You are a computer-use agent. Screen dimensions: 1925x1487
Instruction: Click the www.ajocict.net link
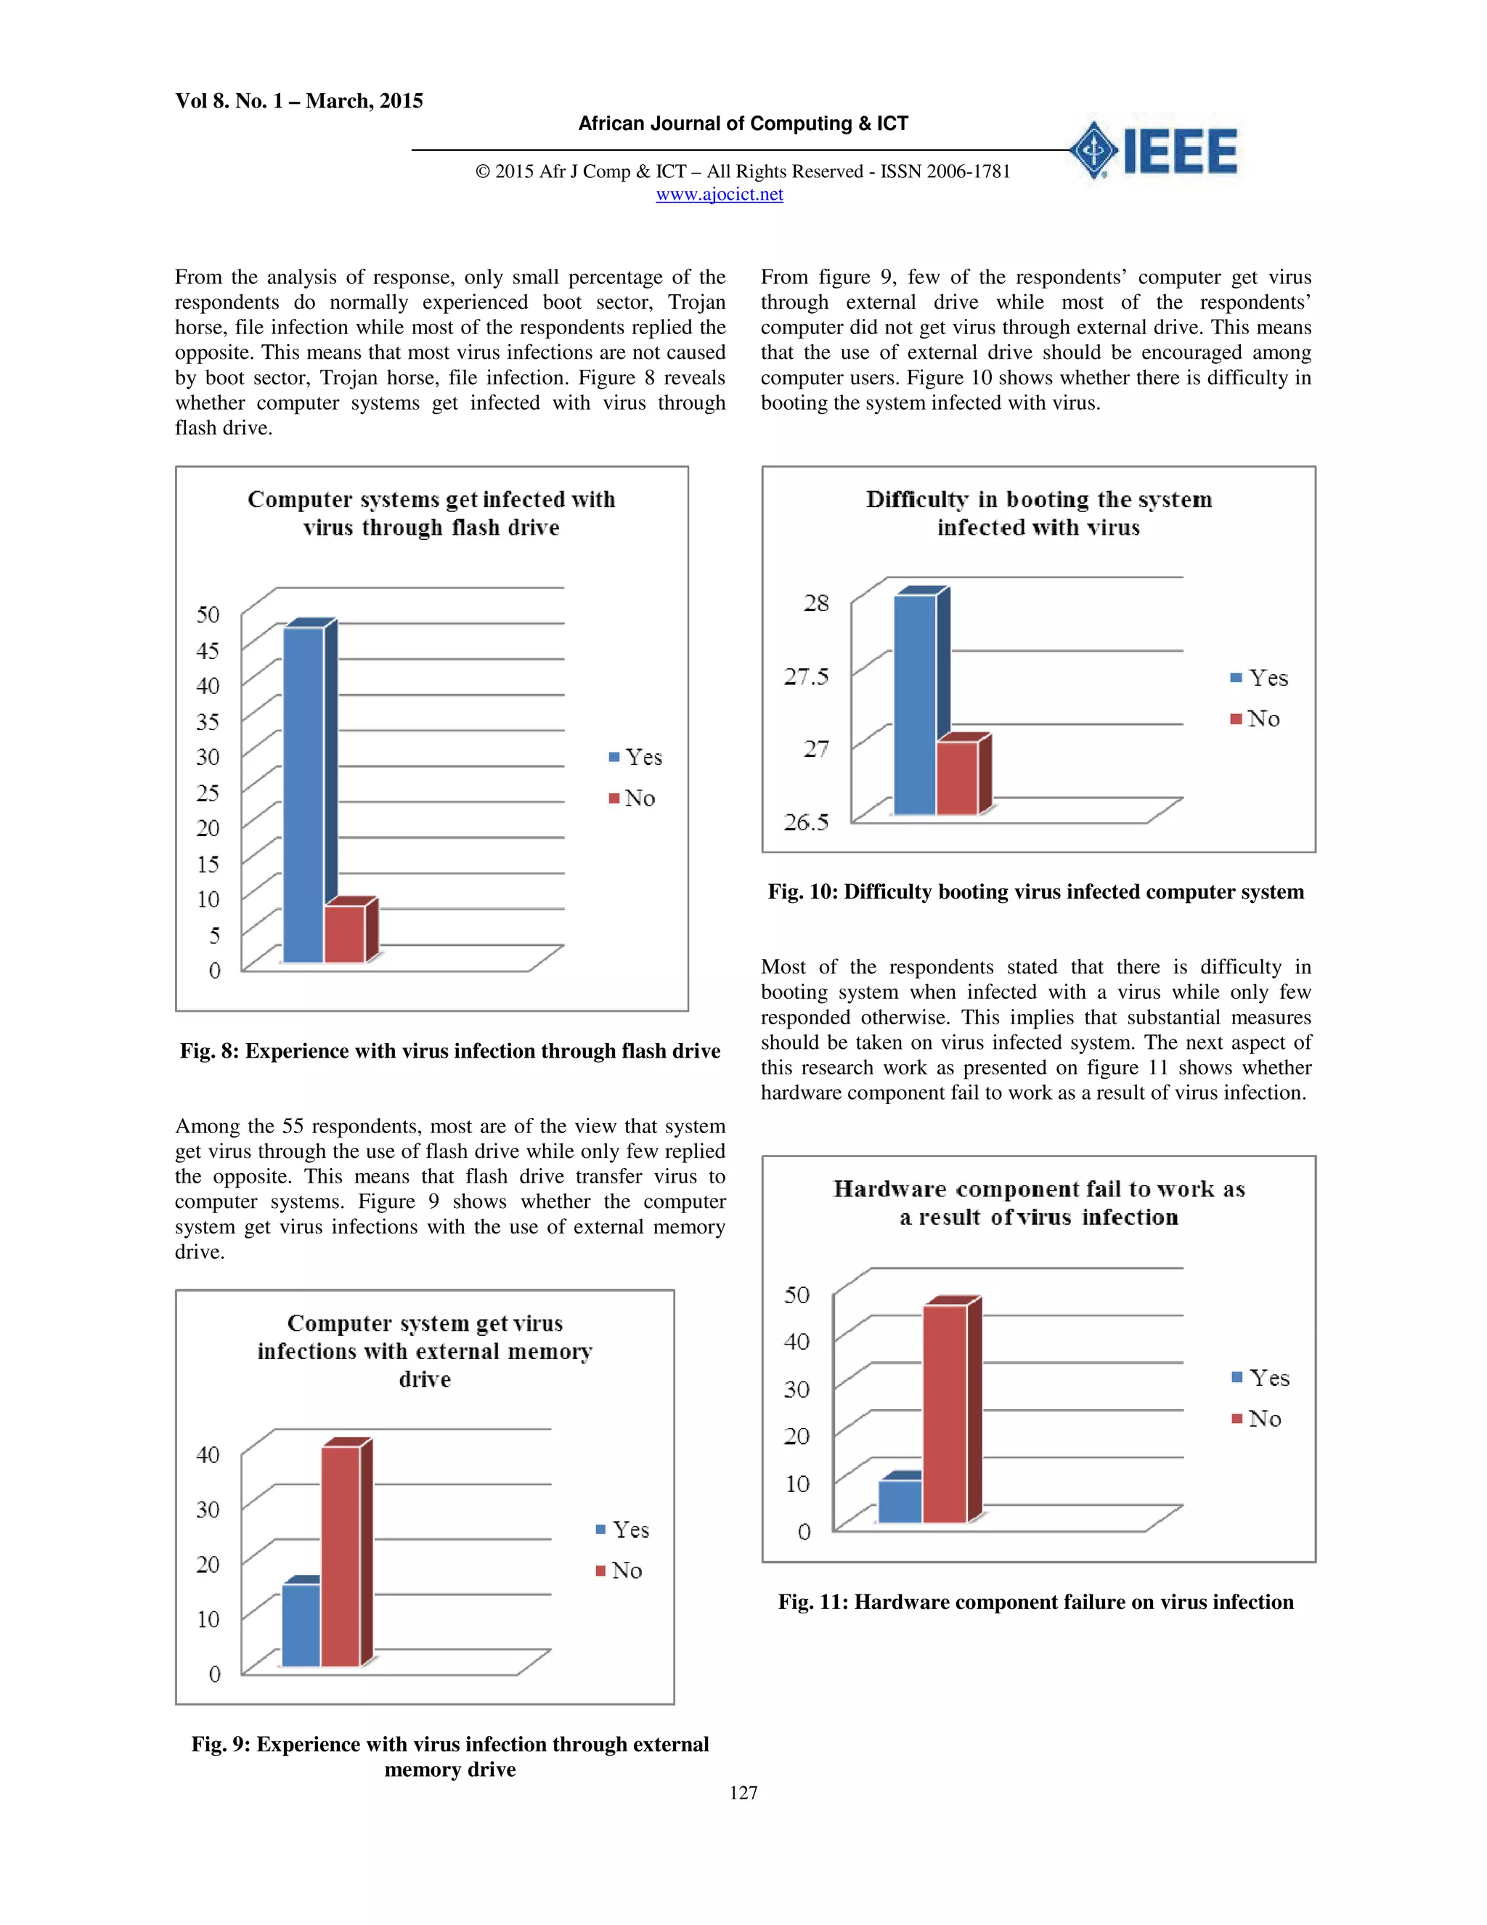tap(719, 195)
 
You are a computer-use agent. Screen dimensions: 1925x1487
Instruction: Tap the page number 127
tap(743, 1793)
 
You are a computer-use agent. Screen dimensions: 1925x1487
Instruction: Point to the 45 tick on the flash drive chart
tap(208, 650)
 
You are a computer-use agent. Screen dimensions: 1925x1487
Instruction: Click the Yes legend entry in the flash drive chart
tap(635, 757)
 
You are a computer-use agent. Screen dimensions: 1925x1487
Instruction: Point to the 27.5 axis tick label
tap(806, 677)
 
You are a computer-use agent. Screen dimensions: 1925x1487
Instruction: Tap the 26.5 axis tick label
tap(806, 822)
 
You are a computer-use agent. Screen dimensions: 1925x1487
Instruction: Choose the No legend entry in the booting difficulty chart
tap(1255, 719)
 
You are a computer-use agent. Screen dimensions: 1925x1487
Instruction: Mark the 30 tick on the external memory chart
tap(208, 1510)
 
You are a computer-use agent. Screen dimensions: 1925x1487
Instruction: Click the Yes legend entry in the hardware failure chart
tap(1260, 1377)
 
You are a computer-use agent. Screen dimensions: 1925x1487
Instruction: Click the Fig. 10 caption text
tap(1035, 892)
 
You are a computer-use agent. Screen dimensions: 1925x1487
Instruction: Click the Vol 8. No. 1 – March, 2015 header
tap(298, 102)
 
